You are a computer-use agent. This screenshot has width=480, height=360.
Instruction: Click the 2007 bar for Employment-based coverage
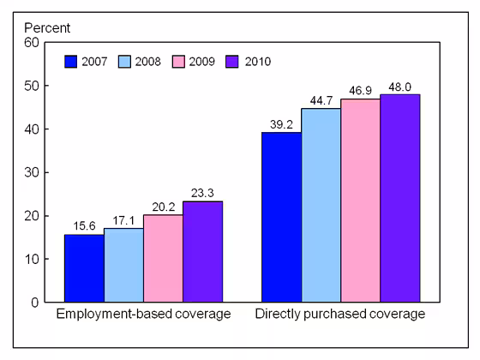[x=84, y=268]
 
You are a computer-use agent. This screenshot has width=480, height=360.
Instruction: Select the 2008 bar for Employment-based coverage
[x=123, y=265]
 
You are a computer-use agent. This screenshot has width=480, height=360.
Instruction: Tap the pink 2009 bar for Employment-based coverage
[x=163, y=258]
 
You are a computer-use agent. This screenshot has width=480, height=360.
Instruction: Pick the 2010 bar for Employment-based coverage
[x=202, y=251]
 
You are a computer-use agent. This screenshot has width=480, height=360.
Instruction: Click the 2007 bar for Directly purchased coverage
[x=281, y=217]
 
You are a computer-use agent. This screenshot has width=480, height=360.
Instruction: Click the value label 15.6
[x=84, y=227]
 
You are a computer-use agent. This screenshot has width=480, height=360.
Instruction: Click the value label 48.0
[x=399, y=87]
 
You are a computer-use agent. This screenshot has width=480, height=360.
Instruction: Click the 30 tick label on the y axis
[x=29, y=172]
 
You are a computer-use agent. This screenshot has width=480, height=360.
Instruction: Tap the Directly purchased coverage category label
[x=340, y=315]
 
